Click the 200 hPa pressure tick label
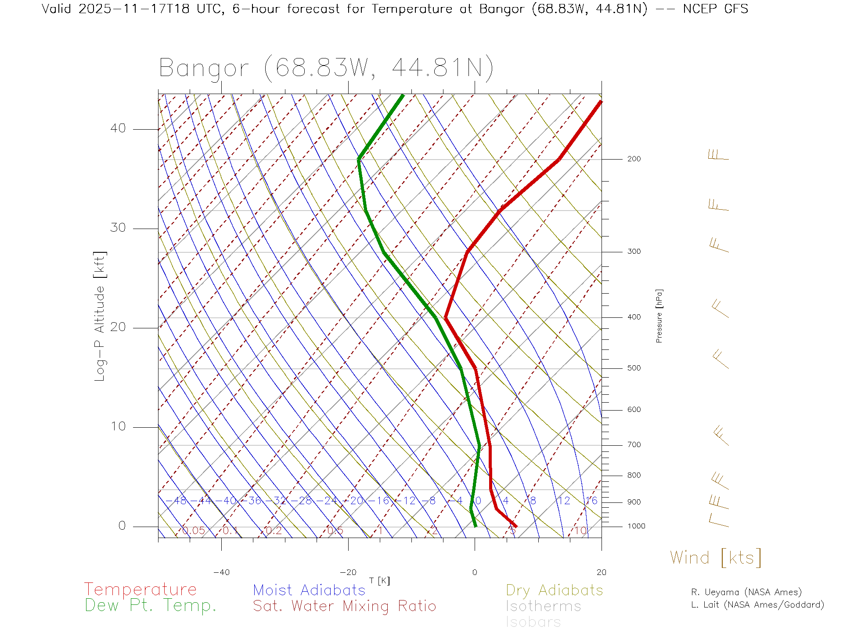click(634, 159)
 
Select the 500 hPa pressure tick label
click(634, 368)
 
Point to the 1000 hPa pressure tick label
click(636, 526)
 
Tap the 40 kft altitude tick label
click(118, 128)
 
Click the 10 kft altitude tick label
click(118, 426)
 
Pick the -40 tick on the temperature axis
click(221, 572)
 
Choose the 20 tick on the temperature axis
click(601, 572)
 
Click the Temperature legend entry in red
click(140, 589)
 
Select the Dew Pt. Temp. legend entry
click(151, 606)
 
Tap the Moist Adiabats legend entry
click(309, 590)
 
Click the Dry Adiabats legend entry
click(554, 590)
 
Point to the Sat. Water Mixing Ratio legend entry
click(344, 606)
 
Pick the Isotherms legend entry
click(543, 606)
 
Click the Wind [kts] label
click(715, 558)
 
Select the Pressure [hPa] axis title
click(659, 316)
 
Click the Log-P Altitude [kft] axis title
click(100, 316)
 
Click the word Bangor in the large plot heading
click(204, 69)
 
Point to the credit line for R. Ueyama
click(746, 592)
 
